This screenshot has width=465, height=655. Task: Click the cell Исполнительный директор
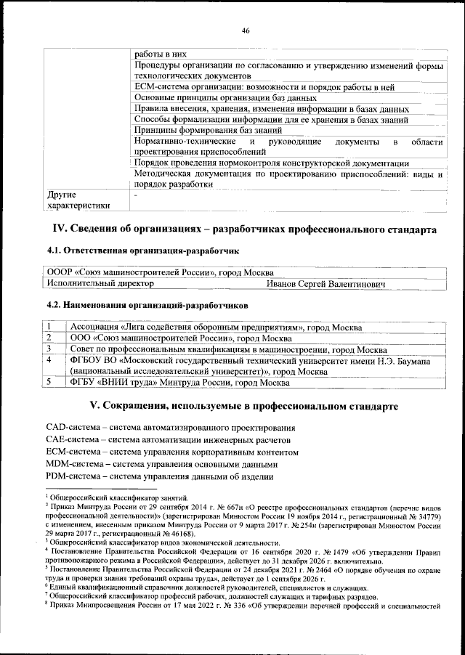(94, 283)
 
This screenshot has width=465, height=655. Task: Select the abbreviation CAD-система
(70, 426)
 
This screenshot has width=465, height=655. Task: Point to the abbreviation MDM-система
(72, 463)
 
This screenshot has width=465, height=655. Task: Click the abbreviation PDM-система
(70, 476)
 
